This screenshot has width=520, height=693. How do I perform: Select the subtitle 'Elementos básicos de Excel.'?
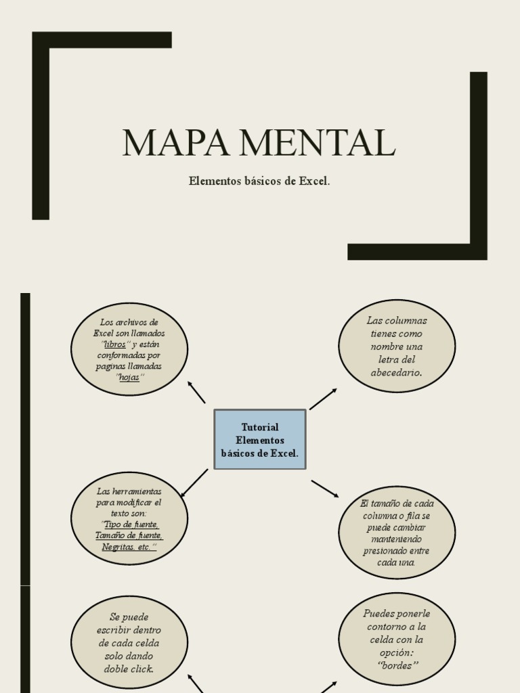coord(259,181)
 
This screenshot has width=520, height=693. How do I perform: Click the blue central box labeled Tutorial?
coord(260,440)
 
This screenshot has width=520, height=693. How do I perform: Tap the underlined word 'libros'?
coord(115,344)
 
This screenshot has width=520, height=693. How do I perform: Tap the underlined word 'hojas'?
coord(129,378)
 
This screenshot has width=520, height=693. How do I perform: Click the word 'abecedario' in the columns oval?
coord(396,372)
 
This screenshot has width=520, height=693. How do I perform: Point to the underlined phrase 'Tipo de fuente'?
coord(131,524)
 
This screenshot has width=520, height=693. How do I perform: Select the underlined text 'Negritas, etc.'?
coord(129,547)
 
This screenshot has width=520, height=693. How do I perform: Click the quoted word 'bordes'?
coord(397,665)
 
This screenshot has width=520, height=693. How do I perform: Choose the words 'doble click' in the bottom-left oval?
coord(129,669)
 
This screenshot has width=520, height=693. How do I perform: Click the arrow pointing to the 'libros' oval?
coord(196,393)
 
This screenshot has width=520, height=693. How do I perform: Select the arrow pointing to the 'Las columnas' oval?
coord(323,399)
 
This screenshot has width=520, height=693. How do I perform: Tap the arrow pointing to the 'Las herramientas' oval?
coord(194,483)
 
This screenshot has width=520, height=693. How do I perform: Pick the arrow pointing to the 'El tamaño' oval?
coord(325,489)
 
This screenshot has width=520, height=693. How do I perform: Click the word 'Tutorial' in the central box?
coord(260,427)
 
